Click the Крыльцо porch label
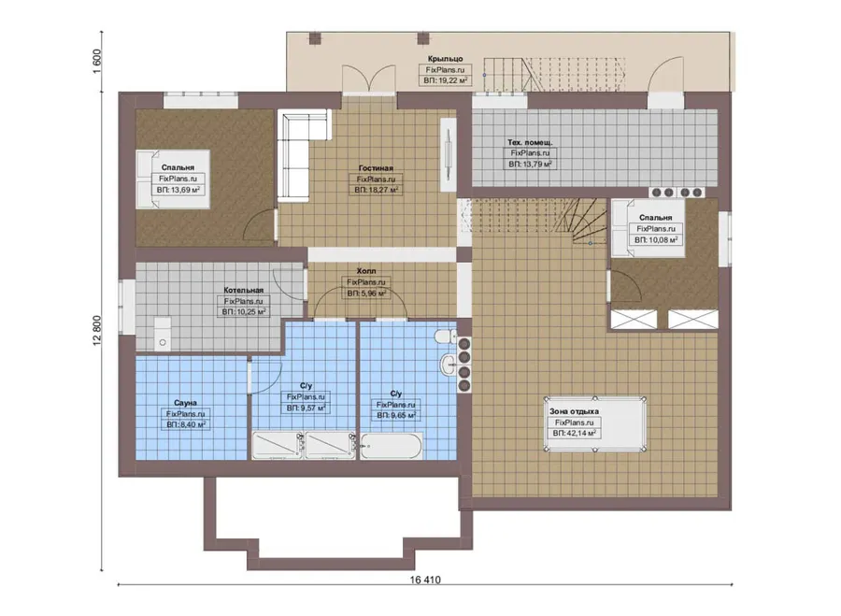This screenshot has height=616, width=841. coord(445,59)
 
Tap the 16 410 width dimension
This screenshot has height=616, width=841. coord(425,580)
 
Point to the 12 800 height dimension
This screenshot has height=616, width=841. coord(97,331)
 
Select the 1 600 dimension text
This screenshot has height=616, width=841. coord(97,61)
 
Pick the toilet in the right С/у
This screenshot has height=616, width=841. coord(444,337)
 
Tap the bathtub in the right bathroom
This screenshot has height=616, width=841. coord(391,447)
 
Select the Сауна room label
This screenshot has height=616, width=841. coord(185,403)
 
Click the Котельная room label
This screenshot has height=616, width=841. coord(244,290)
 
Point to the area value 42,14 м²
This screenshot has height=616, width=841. coord(574,433)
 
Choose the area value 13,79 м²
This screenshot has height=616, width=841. coord(530,164)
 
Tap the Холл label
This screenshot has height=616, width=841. coord(366,271)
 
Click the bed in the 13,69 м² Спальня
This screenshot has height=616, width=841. coord(172,179)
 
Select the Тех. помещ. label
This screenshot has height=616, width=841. coord(530,142)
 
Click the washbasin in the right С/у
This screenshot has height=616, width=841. coord(449,365)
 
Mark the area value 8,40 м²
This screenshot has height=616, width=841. coord(186,424)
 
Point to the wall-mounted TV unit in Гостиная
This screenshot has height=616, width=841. coord(449,154)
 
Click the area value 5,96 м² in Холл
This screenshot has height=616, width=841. coord(366,293)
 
